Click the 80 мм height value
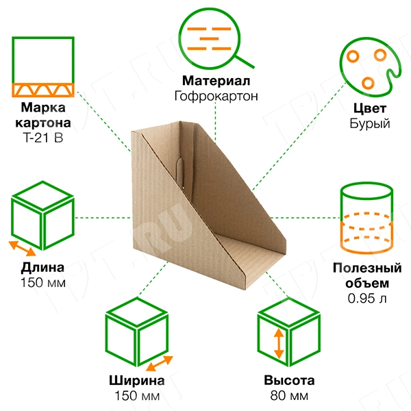pyautogui.click(x=289, y=396)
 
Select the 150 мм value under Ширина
pyautogui.click(x=136, y=396)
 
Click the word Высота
pyautogui.click(x=289, y=382)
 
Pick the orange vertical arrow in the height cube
pyautogui.click(x=279, y=344)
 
